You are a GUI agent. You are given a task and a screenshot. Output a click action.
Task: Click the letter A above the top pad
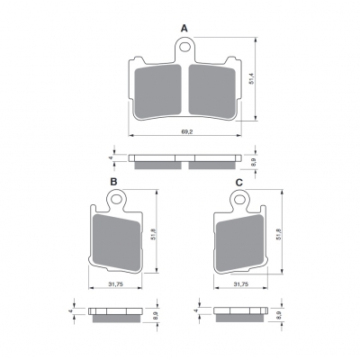[x=184, y=29]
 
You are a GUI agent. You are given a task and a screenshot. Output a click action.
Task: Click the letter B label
[x=113, y=182]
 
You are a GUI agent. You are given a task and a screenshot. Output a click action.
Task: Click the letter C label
[x=238, y=182]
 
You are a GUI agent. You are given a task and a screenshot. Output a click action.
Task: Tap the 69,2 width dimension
[x=186, y=131]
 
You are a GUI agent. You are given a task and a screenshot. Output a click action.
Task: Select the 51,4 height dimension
[x=252, y=78]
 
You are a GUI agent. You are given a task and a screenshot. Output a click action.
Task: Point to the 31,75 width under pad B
[x=116, y=284]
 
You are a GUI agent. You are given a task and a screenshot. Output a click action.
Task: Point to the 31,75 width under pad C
[x=241, y=284]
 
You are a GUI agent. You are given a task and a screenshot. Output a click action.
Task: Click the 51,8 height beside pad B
[x=153, y=233]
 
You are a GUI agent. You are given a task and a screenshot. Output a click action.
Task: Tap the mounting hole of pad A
[x=185, y=47]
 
